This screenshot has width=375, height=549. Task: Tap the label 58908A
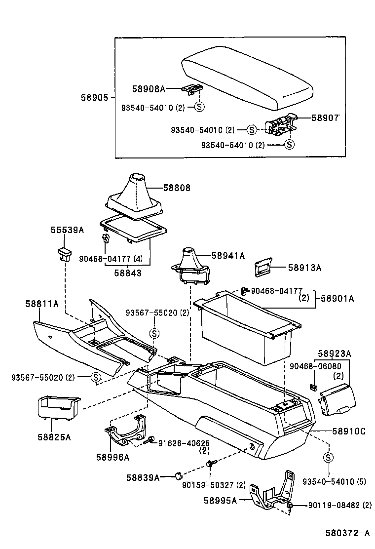click(148, 89)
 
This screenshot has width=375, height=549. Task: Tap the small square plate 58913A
click(263, 268)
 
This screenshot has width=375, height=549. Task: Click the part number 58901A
click(337, 298)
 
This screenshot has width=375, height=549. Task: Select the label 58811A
click(42, 304)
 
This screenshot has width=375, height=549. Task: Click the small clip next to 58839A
click(176, 476)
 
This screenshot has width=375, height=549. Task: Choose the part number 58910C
click(348, 431)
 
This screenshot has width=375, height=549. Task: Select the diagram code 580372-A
click(347, 534)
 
